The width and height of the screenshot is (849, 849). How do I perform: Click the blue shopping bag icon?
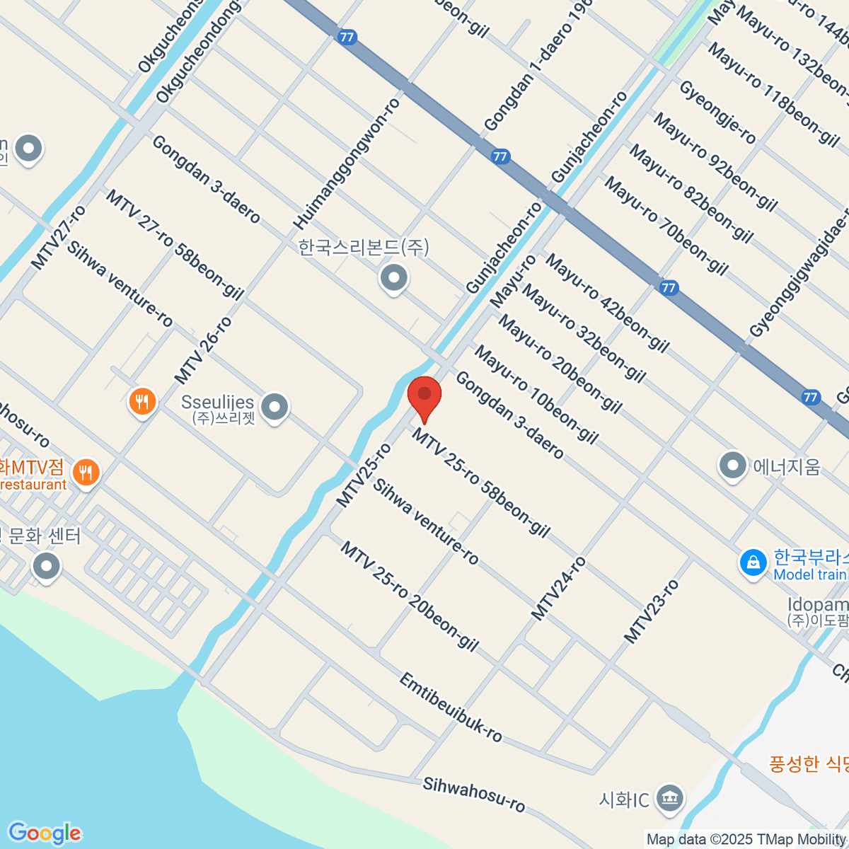(753, 563)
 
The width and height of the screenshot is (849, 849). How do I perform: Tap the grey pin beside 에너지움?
(732, 466)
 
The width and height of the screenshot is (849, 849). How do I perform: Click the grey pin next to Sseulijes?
(275, 406)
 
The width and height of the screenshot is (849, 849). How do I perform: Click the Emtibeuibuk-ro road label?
(451, 707)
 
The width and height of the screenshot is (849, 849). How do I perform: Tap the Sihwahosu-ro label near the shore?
(474, 794)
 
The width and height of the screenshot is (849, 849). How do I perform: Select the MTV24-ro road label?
(559, 589)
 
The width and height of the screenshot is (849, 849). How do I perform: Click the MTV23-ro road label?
(651, 611)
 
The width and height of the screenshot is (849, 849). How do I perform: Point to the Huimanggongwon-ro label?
(347, 163)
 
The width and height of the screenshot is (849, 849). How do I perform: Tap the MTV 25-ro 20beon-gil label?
(410, 596)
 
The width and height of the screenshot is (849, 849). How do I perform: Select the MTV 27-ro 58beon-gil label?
(174, 243)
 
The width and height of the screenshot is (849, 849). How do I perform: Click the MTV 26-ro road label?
(203, 350)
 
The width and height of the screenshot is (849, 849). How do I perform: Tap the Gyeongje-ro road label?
(717, 112)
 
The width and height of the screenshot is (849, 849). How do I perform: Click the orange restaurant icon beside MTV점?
(86, 472)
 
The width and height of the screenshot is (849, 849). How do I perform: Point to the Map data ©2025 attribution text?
(747, 840)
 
